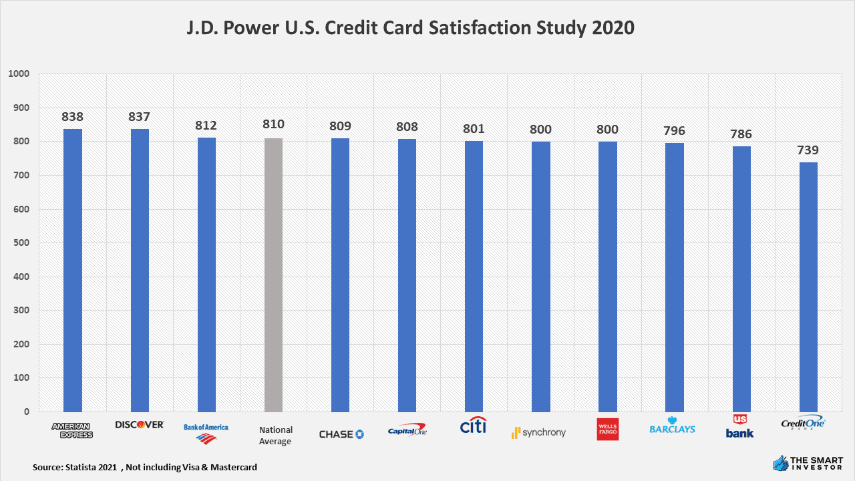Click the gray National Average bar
(273, 275)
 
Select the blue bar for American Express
(73, 270)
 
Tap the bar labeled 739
(808, 287)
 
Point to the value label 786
(741, 134)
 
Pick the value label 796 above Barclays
(674, 131)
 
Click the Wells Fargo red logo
(607, 430)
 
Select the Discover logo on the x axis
(140, 425)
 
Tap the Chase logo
(341, 434)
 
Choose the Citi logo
(474, 426)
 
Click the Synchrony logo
(538, 433)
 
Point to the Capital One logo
(407, 430)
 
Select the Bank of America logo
(206, 432)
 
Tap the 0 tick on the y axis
(27, 412)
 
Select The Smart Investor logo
(807, 462)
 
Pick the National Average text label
(276, 436)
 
